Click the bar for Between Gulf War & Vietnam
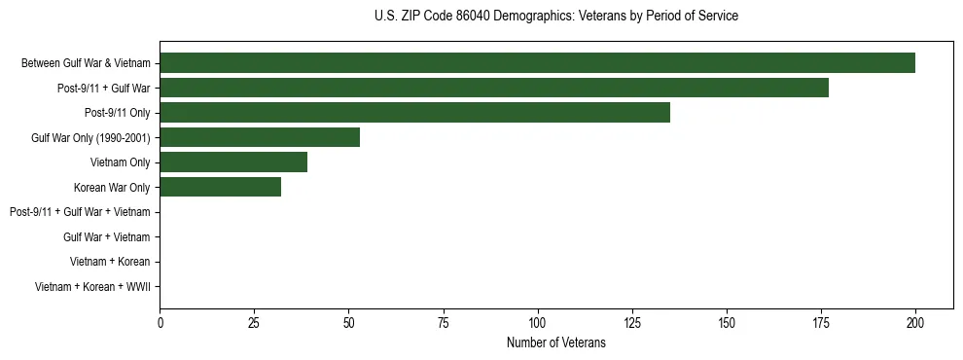pos(537,63)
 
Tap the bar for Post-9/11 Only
pos(414,113)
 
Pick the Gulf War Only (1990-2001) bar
pos(260,137)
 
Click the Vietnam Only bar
pos(233,162)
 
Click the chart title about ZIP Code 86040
pos(555,16)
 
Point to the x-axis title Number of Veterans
pos(555,342)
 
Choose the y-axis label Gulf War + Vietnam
pos(106,237)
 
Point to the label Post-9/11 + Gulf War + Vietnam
pos(80,212)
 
